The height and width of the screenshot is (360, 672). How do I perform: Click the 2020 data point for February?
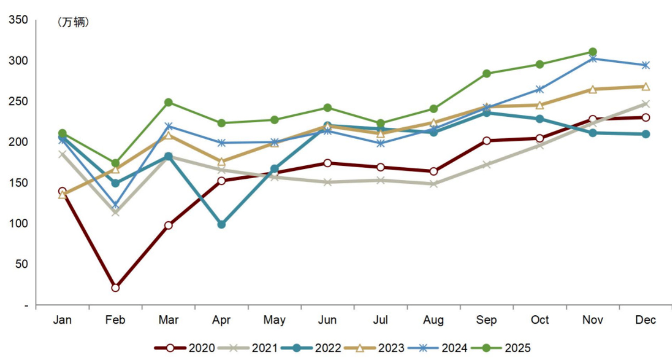(115, 288)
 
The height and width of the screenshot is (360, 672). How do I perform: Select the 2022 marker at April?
(221, 224)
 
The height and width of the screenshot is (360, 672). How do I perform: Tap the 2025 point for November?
(592, 52)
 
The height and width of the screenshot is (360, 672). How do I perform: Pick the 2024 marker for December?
(645, 65)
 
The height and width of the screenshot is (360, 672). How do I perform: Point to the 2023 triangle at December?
(645, 87)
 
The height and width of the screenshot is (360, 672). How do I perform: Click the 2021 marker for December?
(645, 104)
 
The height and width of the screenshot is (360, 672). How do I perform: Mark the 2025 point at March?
(168, 102)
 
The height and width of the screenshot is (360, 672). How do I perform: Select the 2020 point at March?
(168, 225)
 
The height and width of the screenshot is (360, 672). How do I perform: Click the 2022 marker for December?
(645, 134)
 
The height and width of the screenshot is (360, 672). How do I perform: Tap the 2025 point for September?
(486, 74)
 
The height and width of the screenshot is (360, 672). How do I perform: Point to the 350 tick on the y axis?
(18, 20)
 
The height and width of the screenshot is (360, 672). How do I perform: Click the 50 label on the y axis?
(21, 264)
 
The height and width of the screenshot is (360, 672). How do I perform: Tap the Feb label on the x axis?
(115, 320)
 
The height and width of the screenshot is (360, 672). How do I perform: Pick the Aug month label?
(433, 320)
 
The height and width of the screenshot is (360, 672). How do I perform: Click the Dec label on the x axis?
(645, 320)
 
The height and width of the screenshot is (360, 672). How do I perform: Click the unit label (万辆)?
(73, 23)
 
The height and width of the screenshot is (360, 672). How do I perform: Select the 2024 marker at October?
(539, 90)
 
